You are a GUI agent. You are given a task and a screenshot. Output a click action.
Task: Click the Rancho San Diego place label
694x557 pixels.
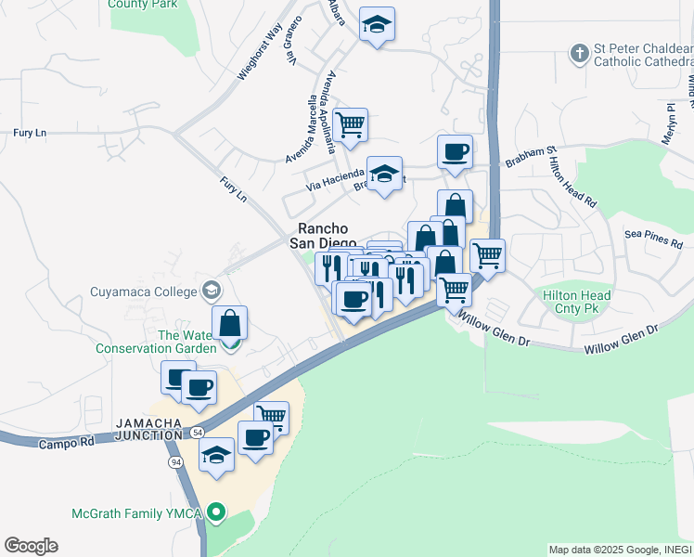click(322, 236)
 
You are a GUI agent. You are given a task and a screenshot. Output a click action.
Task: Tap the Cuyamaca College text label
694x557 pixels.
click(144, 291)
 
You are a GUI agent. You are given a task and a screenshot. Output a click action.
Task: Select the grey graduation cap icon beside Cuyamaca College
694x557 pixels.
click(212, 291)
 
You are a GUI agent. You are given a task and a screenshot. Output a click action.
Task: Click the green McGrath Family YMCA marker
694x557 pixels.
click(216, 512)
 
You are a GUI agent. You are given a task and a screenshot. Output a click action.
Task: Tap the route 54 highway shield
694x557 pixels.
click(198, 434)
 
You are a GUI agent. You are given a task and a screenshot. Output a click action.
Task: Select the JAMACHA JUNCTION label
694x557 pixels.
click(148, 429)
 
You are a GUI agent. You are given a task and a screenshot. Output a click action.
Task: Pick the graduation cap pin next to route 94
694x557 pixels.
click(217, 455)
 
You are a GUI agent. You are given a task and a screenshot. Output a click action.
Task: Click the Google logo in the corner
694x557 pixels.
click(31, 546)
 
